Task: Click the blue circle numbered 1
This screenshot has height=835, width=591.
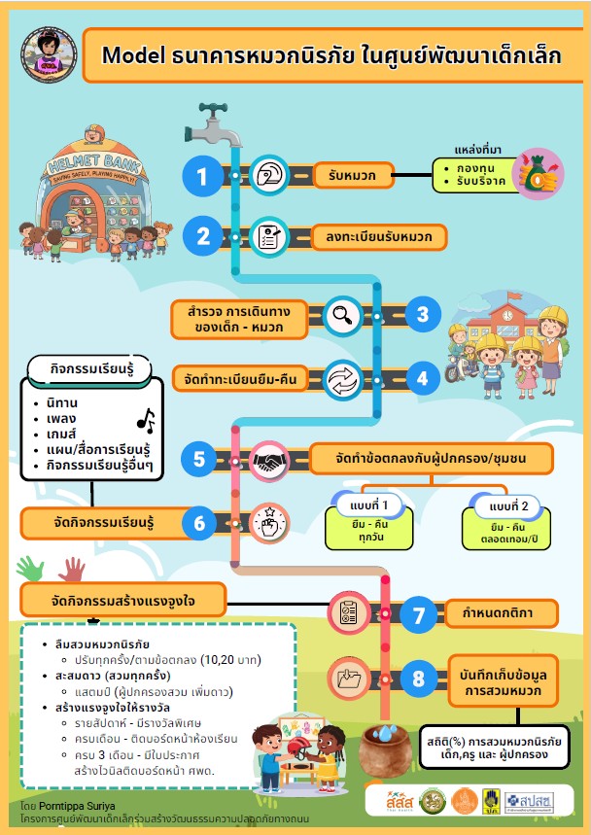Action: point(202,176)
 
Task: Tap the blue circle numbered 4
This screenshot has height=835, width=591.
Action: point(422,378)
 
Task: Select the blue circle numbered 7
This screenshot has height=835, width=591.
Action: point(419,614)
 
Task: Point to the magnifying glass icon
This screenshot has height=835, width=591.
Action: point(342,314)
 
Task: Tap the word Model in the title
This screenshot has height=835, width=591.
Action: point(129,55)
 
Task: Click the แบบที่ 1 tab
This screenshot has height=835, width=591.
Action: point(370,506)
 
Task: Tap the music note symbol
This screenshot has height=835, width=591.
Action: point(146,419)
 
